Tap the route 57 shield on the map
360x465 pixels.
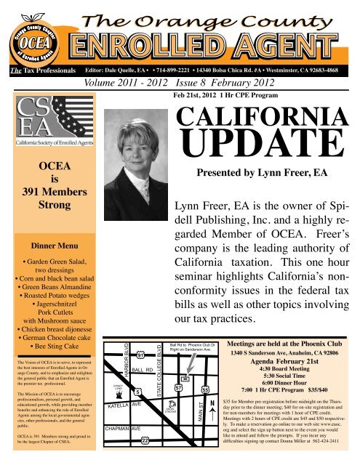pyautogui.click(x=178, y=388)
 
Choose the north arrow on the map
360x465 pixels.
pyautogui.click(x=212, y=407)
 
